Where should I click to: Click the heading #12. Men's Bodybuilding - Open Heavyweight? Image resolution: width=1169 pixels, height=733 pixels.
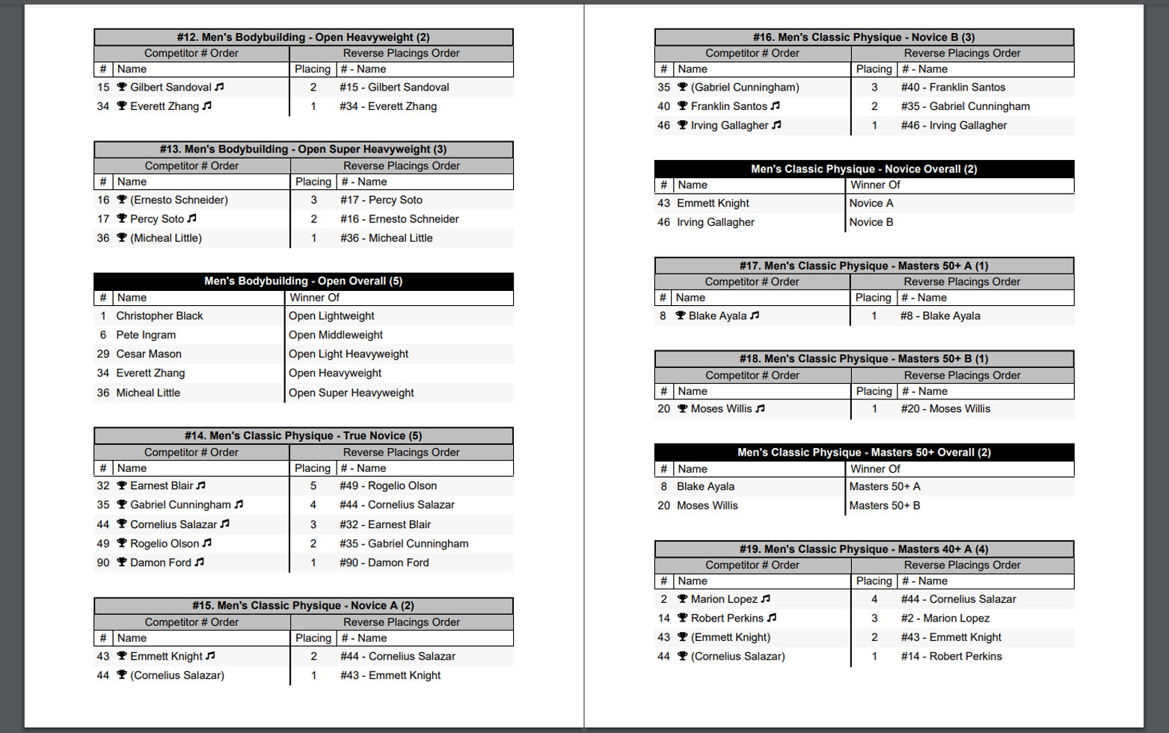[303, 37]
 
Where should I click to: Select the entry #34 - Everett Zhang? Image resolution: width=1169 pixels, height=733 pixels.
[387, 106]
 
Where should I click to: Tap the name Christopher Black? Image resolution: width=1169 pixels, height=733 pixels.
[159, 316]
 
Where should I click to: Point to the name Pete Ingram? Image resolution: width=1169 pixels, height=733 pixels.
[146, 335]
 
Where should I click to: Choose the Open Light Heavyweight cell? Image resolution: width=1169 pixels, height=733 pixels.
[349, 354]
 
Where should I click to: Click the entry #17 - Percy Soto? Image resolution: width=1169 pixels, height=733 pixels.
[381, 200]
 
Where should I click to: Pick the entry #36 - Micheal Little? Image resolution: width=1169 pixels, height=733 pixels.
[386, 238]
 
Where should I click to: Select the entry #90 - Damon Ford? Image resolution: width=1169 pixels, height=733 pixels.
[384, 562]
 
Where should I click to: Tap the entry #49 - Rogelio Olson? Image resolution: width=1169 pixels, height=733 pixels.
[387, 485]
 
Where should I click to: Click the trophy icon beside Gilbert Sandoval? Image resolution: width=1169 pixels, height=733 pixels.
[122, 88]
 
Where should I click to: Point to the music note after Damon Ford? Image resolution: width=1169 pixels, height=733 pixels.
[200, 562]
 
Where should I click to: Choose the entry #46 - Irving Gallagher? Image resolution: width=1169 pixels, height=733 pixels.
[954, 126]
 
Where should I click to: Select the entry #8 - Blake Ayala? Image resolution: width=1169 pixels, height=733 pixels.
[940, 316]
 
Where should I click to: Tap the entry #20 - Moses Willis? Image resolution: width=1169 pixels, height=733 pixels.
[945, 408]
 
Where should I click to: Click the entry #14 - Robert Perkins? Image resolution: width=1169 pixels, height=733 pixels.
[951, 656]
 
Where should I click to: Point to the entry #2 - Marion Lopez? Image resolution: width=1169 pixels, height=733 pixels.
[945, 618]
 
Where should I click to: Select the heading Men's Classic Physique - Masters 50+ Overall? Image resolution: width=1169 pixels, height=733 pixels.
[864, 453]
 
